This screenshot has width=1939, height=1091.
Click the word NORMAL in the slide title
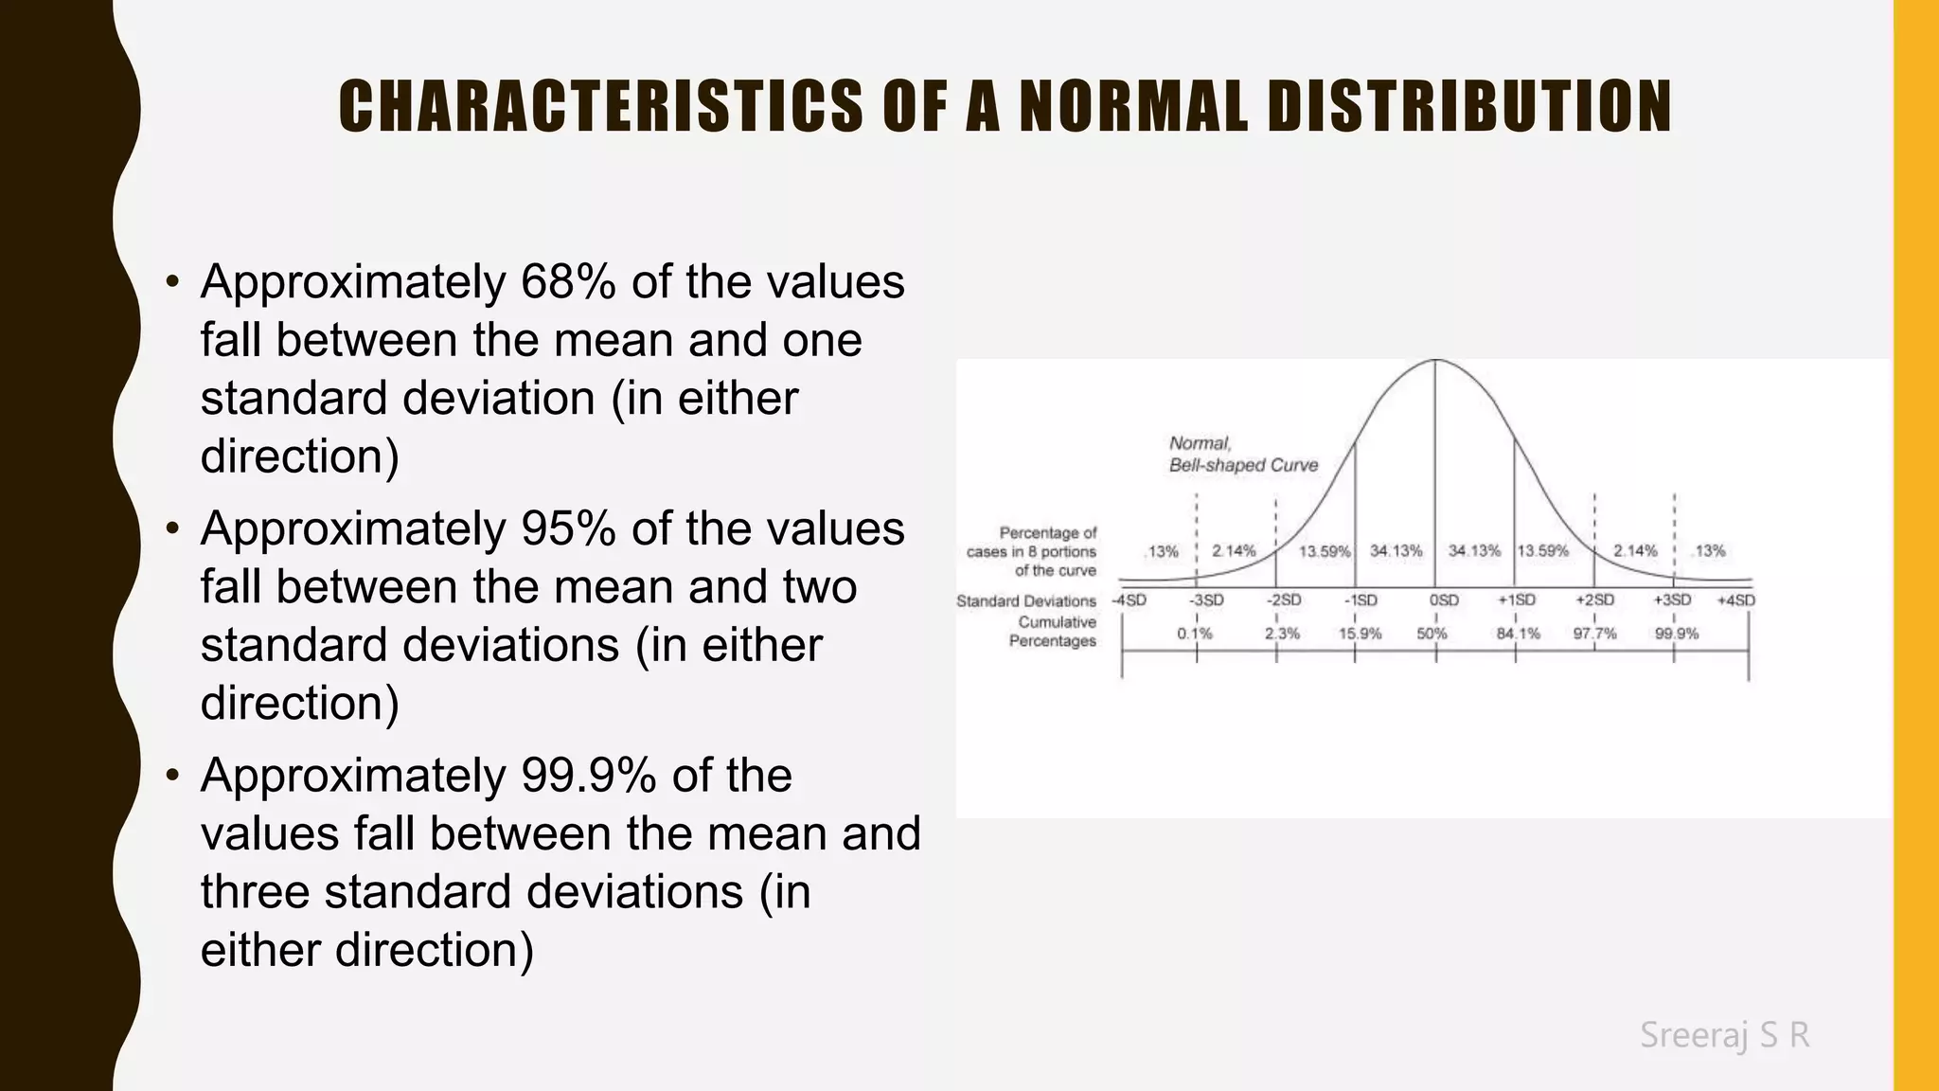1132,106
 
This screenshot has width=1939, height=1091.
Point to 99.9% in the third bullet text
588,776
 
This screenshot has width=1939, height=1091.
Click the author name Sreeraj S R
1724,1035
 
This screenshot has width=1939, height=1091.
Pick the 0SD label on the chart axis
1444,600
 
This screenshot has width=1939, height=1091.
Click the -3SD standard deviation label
1206,600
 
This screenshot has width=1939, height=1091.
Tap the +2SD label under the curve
1594,600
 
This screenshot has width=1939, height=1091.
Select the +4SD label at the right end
1735,600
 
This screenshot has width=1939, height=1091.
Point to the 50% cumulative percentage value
1432,634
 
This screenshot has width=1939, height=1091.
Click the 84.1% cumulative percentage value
1518,634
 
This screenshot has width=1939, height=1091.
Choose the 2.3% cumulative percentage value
1282,634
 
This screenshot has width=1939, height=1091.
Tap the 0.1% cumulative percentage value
1194,634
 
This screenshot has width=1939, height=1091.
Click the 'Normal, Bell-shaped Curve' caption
1242,455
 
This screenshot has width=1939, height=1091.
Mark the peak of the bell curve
1435,361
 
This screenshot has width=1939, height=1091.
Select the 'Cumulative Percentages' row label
1053,632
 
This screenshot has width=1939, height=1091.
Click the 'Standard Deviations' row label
1026,601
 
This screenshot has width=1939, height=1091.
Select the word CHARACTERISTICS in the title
600,106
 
